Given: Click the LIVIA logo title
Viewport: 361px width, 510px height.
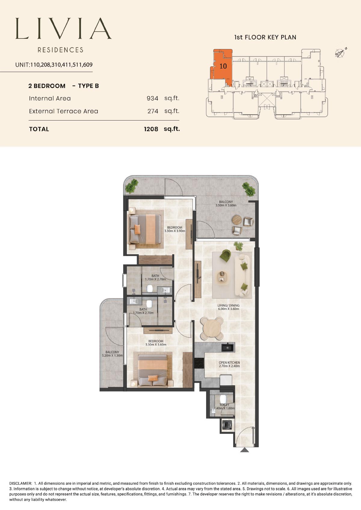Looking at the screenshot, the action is click(x=63, y=29).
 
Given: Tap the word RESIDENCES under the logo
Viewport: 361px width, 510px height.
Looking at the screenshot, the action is click(x=61, y=50).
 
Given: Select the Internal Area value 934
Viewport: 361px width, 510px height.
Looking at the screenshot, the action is click(x=153, y=98).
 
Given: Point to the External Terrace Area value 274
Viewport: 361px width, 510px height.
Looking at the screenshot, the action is click(x=153, y=111).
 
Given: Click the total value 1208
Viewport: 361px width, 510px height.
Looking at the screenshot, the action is click(x=151, y=129).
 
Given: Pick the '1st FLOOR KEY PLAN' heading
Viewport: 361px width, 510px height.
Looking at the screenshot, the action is click(x=265, y=37).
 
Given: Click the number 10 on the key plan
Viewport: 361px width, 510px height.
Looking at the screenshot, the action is click(x=223, y=66).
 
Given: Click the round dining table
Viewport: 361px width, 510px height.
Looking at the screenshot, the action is click(x=212, y=328).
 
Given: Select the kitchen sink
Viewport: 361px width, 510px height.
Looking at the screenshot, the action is click(x=227, y=347).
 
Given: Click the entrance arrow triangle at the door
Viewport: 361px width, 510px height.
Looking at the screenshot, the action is click(x=245, y=450).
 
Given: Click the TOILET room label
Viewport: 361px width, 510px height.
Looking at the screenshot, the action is click(x=224, y=405).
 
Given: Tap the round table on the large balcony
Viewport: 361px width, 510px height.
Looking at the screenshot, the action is click(x=237, y=220).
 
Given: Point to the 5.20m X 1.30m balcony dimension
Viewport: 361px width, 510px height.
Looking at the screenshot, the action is click(x=112, y=356).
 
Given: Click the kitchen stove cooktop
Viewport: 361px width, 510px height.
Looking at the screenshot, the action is click(x=199, y=363).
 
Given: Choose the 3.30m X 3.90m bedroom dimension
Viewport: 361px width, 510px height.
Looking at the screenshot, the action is click(x=175, y=231).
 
